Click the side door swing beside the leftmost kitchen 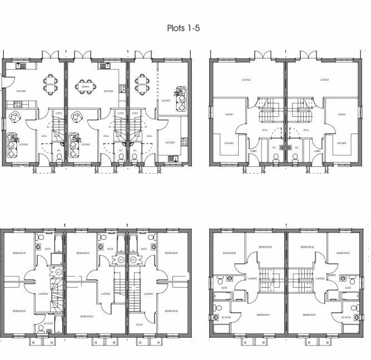pyautogui.click(x=4, y=83)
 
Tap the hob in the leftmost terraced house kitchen pyautogui.click(x=17, y=103)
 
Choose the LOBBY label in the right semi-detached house pyautogui.click(x=317, y=151)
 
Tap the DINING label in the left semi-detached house pyautogui.click(x=229, y=115)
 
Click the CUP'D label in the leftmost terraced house pyautogui.click(x=57, y=113)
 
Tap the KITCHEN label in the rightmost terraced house pyautogui.click(x=169, y=142)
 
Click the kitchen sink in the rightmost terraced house pyautogui.click(x=171, y=159)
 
